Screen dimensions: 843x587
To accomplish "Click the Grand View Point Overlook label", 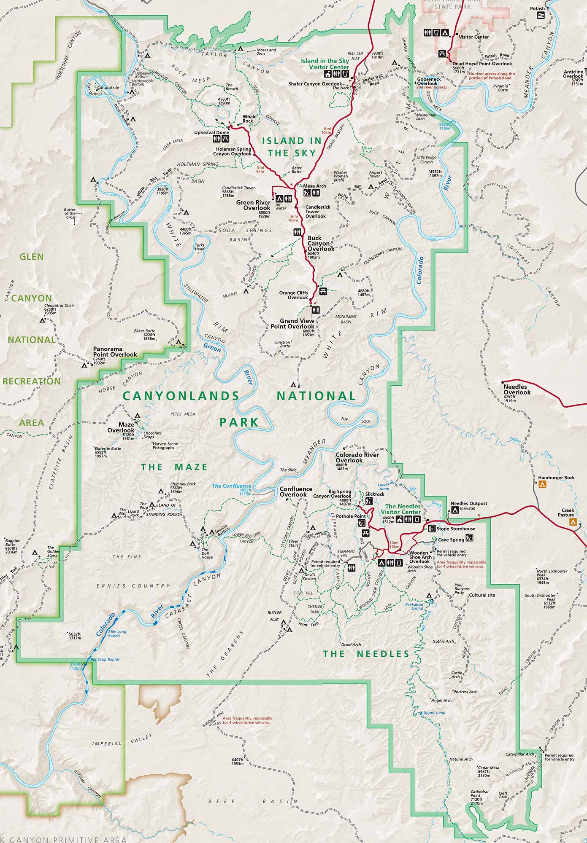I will click(292, 324).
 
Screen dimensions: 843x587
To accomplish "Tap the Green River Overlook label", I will click(253, 205).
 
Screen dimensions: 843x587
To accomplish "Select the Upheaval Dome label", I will click(211, 132).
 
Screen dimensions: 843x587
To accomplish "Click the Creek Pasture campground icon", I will click(573, 522).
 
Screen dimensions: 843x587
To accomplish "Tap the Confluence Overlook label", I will click(296, 491).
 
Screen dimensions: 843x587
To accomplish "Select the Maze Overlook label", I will click(121, 427).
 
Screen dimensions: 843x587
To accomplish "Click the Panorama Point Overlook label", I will click(115, 352).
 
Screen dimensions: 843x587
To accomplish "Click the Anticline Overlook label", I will click(573, 74).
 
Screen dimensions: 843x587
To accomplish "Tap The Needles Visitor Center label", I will click(403, 509).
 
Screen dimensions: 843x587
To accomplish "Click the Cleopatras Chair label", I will click(59, 306).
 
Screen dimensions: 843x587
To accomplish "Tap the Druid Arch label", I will click(351, 644).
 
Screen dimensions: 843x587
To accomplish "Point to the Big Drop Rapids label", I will click(105, 659).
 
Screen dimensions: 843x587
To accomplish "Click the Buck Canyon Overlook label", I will click(321, 243).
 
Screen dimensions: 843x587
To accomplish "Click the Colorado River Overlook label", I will click(357, 457).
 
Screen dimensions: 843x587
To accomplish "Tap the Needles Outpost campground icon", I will click(455, 510).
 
